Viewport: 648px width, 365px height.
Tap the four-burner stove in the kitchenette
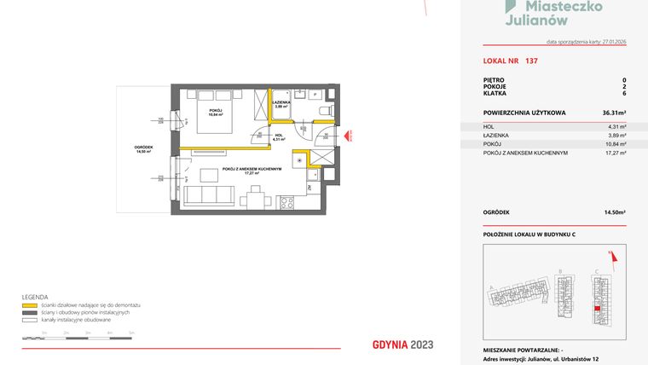click(x=287, y=202)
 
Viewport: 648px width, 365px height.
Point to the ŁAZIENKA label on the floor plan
click(x=281, y=102)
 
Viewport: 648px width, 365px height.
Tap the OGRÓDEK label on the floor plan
click(x=144, y=147)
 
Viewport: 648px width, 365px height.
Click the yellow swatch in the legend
click(x=28, y=304)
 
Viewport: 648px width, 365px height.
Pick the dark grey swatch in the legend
click(x=28, y=312)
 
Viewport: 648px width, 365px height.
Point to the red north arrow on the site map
click(x=610, y=253)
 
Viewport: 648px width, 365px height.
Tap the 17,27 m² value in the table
click(x=616, y=154)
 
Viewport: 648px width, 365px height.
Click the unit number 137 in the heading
click(x=532, y=61)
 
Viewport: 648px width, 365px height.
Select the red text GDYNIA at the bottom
click(x=391, y=345)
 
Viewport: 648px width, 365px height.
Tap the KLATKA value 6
click(x=624, y=96)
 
